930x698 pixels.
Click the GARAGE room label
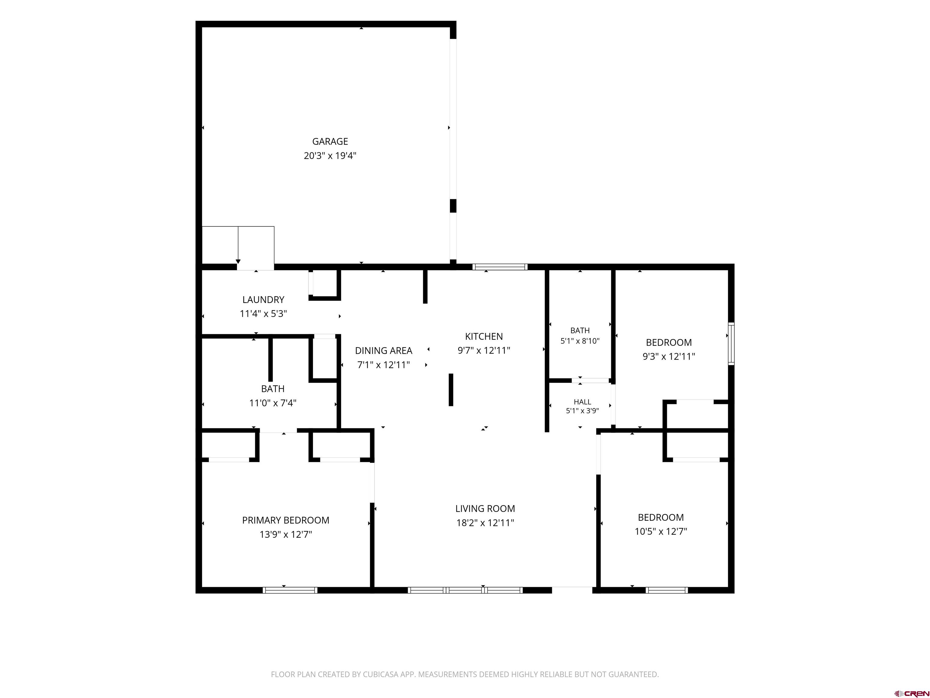pos(330,141)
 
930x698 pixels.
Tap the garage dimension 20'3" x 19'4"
pos(330,156)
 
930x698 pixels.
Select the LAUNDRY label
pos(263,300)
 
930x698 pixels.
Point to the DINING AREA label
pos(384,351)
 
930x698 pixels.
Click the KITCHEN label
pos(484,336)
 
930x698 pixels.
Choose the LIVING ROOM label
pos(485,508)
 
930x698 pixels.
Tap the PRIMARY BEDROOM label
pos(285,520)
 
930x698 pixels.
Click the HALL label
pos(582,402)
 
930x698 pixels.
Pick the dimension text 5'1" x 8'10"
pos(580,341)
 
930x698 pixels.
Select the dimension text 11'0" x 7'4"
pos(273,403)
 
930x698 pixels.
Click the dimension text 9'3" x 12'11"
pos(669,356)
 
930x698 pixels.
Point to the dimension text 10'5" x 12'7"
pos(661,531)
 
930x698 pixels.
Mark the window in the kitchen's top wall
pos(500,267)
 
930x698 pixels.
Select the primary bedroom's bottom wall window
pos(290,590)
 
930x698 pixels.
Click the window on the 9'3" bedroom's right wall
pos(731,344)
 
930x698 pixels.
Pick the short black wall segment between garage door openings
pos(453,206)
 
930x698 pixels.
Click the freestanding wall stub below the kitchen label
pos(451,390)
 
